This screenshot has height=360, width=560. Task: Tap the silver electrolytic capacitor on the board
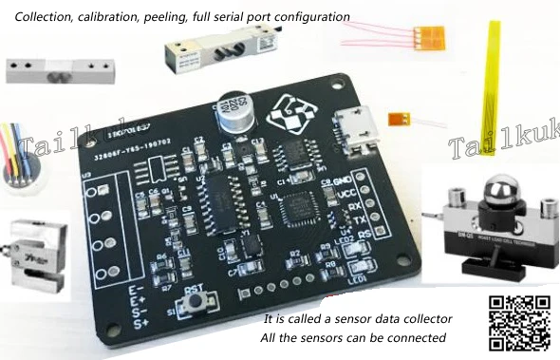[234, 110]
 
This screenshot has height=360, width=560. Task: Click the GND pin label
[343, 180]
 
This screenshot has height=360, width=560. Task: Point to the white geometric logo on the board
[291, 118]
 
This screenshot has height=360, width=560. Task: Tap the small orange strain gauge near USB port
[401, 121]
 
